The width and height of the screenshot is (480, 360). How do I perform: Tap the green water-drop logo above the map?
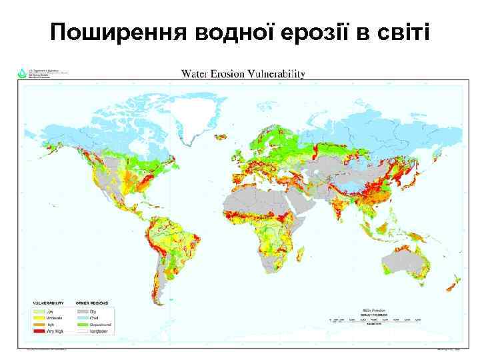22,73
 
